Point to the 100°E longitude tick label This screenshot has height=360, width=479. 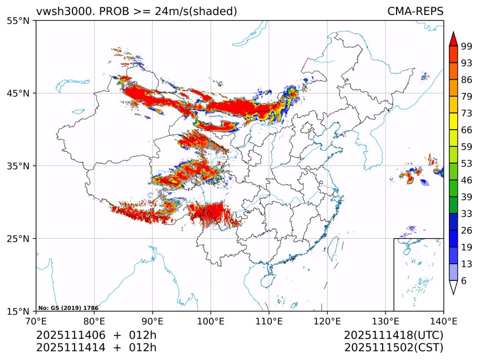[x=211, y=321]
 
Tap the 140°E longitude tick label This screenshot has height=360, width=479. [x=443, y=321]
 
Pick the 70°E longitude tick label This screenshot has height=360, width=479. [x=36, y=321]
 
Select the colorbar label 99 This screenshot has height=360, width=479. [x=467, y=46]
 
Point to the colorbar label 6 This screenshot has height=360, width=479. [x=463, y=281]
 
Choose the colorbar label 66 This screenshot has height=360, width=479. [x=467, y=130]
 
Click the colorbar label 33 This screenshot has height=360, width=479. [x=467, y=214]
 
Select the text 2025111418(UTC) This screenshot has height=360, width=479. [x=393, y=336]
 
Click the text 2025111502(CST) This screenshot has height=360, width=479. [x=393, y=348]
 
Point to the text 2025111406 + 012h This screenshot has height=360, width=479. [x=96, y=336]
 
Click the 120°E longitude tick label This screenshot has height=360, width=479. [x=327, y=321]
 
